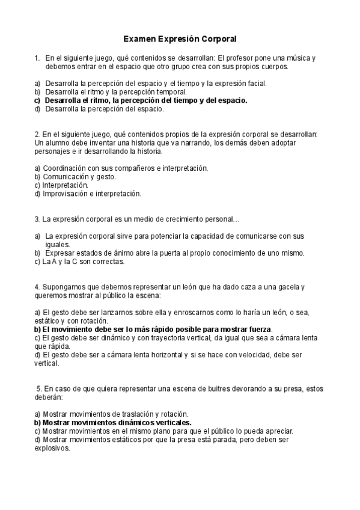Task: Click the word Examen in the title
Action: tap(139, 39)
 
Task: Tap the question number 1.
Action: tap(37, 58)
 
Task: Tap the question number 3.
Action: tap(37, 220)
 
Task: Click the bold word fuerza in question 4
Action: tap(261, 330)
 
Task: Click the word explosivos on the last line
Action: tap(52, 448)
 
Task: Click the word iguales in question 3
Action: tap(57, 245)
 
